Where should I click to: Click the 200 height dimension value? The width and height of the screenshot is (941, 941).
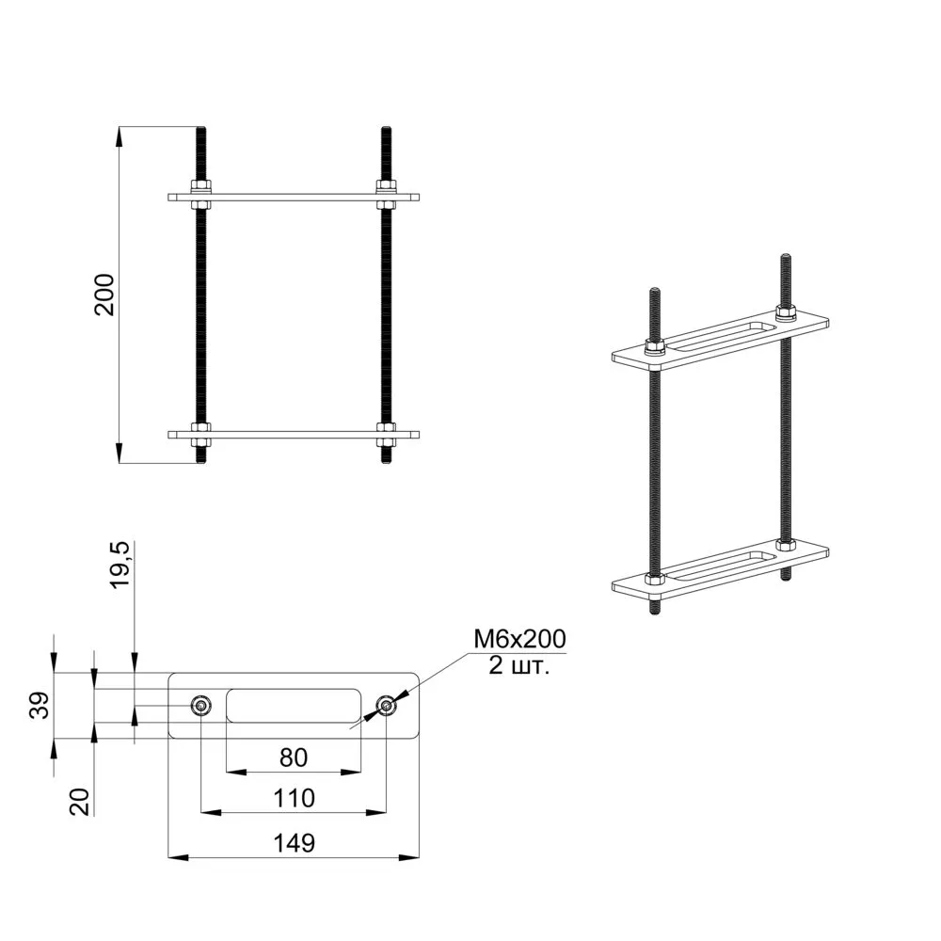[x=104, y=294]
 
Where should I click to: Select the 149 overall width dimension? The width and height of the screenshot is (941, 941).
[x=294, y=843]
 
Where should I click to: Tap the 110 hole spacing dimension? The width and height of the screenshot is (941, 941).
[x=294, y=798]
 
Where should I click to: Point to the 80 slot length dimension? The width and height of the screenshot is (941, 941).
[x=294, y=758]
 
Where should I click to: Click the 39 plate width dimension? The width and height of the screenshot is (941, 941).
[x=39, y=705]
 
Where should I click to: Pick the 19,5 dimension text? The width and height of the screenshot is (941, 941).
[x=120, y=565]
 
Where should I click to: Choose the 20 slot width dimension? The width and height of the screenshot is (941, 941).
[x=80, y=802]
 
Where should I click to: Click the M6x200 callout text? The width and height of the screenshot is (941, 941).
[x=519, y=639]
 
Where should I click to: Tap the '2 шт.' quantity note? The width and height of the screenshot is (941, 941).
[x=518, y=665]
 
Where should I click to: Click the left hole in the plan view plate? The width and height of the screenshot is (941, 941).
[x=201, y=706]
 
